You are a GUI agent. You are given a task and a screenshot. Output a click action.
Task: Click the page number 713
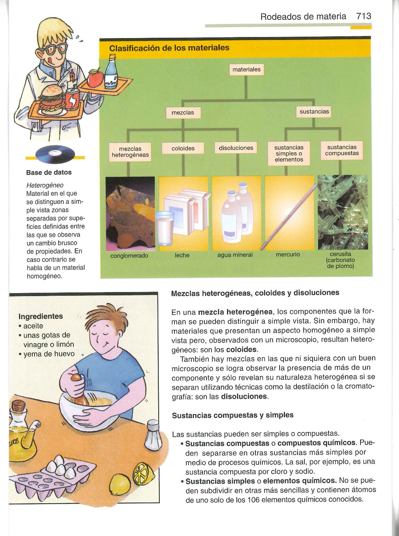tap(363, 16)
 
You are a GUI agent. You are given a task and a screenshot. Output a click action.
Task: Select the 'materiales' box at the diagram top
tap(246, 69)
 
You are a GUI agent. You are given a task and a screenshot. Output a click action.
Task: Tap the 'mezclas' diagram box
tap(183, 113)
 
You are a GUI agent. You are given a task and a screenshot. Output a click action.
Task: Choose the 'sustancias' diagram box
tap(314, 112)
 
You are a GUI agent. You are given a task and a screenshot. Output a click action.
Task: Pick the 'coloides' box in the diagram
tap(183, 148)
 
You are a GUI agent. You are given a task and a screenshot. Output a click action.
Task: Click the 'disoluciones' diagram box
tap(236, 148)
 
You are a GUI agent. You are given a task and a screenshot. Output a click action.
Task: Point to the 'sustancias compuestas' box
tap(342, 150)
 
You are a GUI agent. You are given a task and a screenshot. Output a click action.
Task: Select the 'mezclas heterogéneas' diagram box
tap(130, 152)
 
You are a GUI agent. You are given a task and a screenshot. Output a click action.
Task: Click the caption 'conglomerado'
tap(129, 256)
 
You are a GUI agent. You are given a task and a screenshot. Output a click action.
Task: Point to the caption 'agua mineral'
tap(235, 255)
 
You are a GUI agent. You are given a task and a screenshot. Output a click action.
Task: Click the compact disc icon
tap(55, 154)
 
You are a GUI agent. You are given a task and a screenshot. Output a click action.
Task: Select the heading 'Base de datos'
tap(49, 172)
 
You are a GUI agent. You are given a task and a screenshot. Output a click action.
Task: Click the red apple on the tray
tap(95, 78)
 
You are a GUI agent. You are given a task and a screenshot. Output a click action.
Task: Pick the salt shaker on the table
tap(153, 436)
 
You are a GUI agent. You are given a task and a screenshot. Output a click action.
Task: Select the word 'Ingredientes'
tap(41, 316)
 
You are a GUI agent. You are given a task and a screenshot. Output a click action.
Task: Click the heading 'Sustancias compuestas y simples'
tap(232, 415)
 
